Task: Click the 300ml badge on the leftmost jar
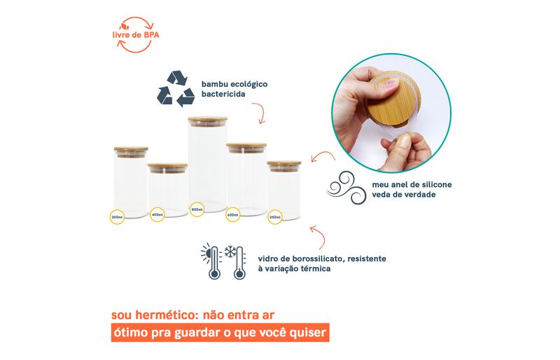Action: tap(117, 217)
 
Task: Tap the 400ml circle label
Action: tap(157, 214)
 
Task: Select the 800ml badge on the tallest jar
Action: tap(197, 209)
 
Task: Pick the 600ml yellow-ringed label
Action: tap(233, 214)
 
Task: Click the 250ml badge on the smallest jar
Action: tap(275, 217)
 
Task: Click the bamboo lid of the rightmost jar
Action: tap(284, 164)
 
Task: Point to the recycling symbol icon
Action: tap(176, 89)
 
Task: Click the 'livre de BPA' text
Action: tap(136, 35)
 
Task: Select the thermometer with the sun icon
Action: tap(212, 261)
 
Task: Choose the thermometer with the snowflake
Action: tap(236, 262)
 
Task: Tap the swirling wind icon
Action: tap(346, 188)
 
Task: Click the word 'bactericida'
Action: tap(223, 94)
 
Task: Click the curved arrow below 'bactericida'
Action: tap(260, 113)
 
